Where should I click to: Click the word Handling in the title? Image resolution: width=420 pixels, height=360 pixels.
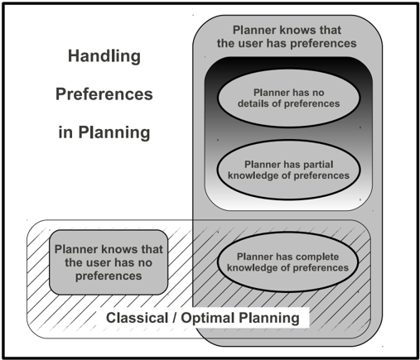(x=104, y=56)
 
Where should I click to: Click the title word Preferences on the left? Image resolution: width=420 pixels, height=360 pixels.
(x=104, y=94)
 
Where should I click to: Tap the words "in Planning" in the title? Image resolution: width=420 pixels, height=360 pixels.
(x=104, y=132)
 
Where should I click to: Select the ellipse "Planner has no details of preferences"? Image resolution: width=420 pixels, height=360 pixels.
(x=288, y=98)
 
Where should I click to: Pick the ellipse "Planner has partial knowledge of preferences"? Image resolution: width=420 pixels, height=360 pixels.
(x=288, y=170)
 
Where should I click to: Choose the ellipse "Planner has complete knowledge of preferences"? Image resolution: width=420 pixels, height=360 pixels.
(x=287, y=262)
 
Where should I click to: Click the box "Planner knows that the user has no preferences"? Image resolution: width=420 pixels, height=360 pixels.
(x=109, y=262)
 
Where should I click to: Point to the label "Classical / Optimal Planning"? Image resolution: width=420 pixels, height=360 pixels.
(x=203, y=318)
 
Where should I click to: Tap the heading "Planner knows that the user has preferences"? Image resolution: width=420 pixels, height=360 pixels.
(x=287, y=36)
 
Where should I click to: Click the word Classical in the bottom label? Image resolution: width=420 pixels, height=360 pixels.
(x=138, y=318)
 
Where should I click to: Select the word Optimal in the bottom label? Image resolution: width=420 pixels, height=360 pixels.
(x=208, y=319)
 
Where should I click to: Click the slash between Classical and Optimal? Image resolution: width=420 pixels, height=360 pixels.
(x=175, y=318)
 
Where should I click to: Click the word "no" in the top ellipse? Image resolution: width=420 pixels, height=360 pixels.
(x=318, y=93)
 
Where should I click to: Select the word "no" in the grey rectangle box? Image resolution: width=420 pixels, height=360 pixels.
(x=145, y=263)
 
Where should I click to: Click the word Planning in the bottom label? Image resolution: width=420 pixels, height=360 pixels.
(x=269, y=319)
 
